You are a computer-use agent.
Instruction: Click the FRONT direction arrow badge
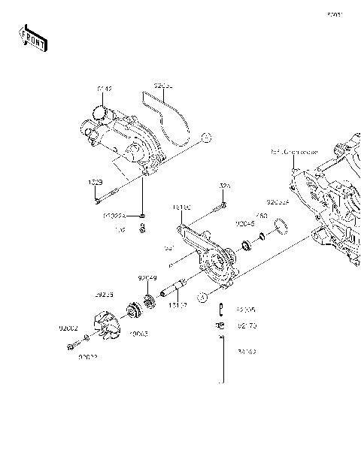coord(33,38)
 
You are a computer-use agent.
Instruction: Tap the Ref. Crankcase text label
coord(294,153)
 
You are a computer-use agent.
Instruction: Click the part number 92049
coord(147,278)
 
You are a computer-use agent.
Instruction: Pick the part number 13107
coord(177,306)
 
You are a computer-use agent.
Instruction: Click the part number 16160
coord(181,206)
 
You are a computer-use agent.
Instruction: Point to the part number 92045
coord(244,223)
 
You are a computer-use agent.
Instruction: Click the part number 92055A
coord(278,202)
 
